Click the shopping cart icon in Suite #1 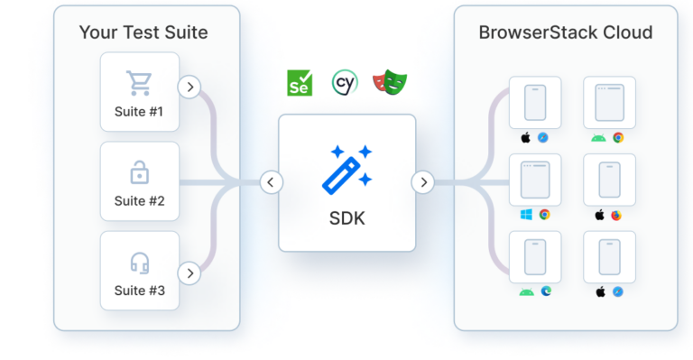pyautogui.click(x=139, y=83)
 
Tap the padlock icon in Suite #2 pyautogui.click(x=139, y=171)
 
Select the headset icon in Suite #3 pyautogui.click(x=139, y=262)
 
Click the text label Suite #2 pyautogui.click(x=139, y=201)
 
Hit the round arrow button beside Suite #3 pyautogui.click(x=189, y=272)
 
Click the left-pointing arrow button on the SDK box pyautogui.click(x=271, y=182)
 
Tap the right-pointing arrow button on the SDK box pyautogui.click(x=422, y=182)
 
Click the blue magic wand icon pyautogui.click(x=346, y=167)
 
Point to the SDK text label pyautogui.click(x=346, y=218)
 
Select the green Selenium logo pyautogui.click(x=299, y=84)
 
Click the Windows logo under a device pyautogui.click(x=526, y=215)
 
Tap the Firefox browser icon pyautogui.click(x=617, y=216)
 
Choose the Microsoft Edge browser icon pyautogui.click(x=545, y=291)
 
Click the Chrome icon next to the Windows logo pyautogui.click(x=545, y=215)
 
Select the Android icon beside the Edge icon pyautogui.click(x=526, y=291)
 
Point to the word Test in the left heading pyautogui.click(x=136, y=33)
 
